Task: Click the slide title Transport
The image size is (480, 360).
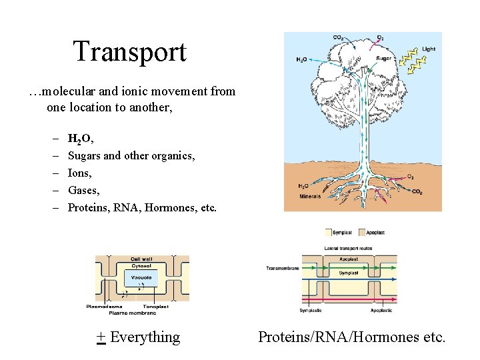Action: [129, 52]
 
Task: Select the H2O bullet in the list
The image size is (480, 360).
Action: [81, 139]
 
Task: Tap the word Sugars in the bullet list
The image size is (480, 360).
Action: [84, 156]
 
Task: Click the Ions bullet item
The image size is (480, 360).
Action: [79, 173]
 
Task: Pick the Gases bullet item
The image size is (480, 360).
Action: [83, 191]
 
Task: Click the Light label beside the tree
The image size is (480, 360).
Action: [429, 49]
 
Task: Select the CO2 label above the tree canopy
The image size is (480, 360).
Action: [339, 37]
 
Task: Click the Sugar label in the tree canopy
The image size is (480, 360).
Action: [384, 59]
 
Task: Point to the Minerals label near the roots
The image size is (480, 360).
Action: [309, 197]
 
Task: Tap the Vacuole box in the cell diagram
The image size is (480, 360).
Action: [141, 277]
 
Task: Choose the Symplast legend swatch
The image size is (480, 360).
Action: [327, 233]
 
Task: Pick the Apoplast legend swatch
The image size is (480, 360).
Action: [362, 233]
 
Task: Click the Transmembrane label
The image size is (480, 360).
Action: [282, 269]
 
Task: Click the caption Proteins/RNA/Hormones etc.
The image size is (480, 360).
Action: [351, 337]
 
